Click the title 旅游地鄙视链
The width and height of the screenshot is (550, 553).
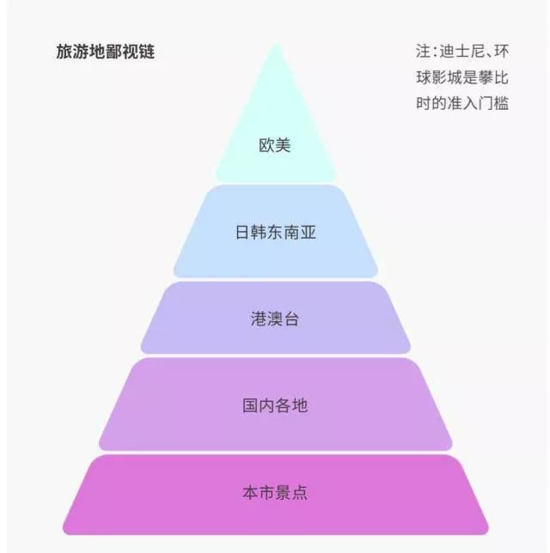click(x=105, y=52)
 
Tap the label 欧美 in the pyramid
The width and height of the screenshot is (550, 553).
click(x=275, y=145)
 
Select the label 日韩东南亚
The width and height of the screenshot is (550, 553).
click(x=275, y=233)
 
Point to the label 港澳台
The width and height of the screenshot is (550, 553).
click(x=275, y=319)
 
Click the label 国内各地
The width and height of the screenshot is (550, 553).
click(x=275, y=405)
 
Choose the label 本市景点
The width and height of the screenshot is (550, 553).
click(x=275, y=492)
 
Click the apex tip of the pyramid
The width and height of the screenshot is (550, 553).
click(x=276, y=45)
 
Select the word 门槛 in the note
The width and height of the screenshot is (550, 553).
click(x=493, y=103)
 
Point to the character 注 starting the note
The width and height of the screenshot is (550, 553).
click(x=424, y=52)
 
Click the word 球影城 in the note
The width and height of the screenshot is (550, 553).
click(x=439, y=77)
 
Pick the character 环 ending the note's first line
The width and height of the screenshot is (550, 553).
click(x=501, y=52)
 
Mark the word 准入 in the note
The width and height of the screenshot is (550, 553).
click(x=462, y=103)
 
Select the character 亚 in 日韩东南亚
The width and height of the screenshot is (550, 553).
click(x=309, y=233)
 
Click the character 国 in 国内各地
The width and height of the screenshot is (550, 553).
click(x=250, y=405)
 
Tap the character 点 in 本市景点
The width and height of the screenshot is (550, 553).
click(x=300, y=492)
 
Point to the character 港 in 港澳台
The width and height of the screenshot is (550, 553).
click(x=259, y=319)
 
